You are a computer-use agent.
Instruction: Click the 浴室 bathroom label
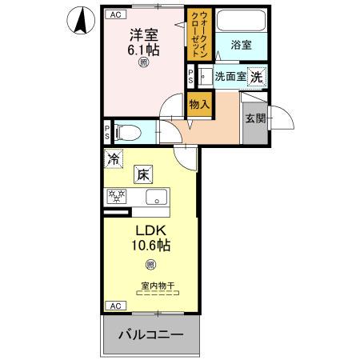241,46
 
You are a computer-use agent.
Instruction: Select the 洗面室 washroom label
230,77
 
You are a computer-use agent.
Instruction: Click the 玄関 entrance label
256,118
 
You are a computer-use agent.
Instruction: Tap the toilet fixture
134,130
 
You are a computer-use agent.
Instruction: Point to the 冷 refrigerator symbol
113,159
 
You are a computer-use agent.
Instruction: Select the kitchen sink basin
153,197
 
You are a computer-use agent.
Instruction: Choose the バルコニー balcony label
153,334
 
